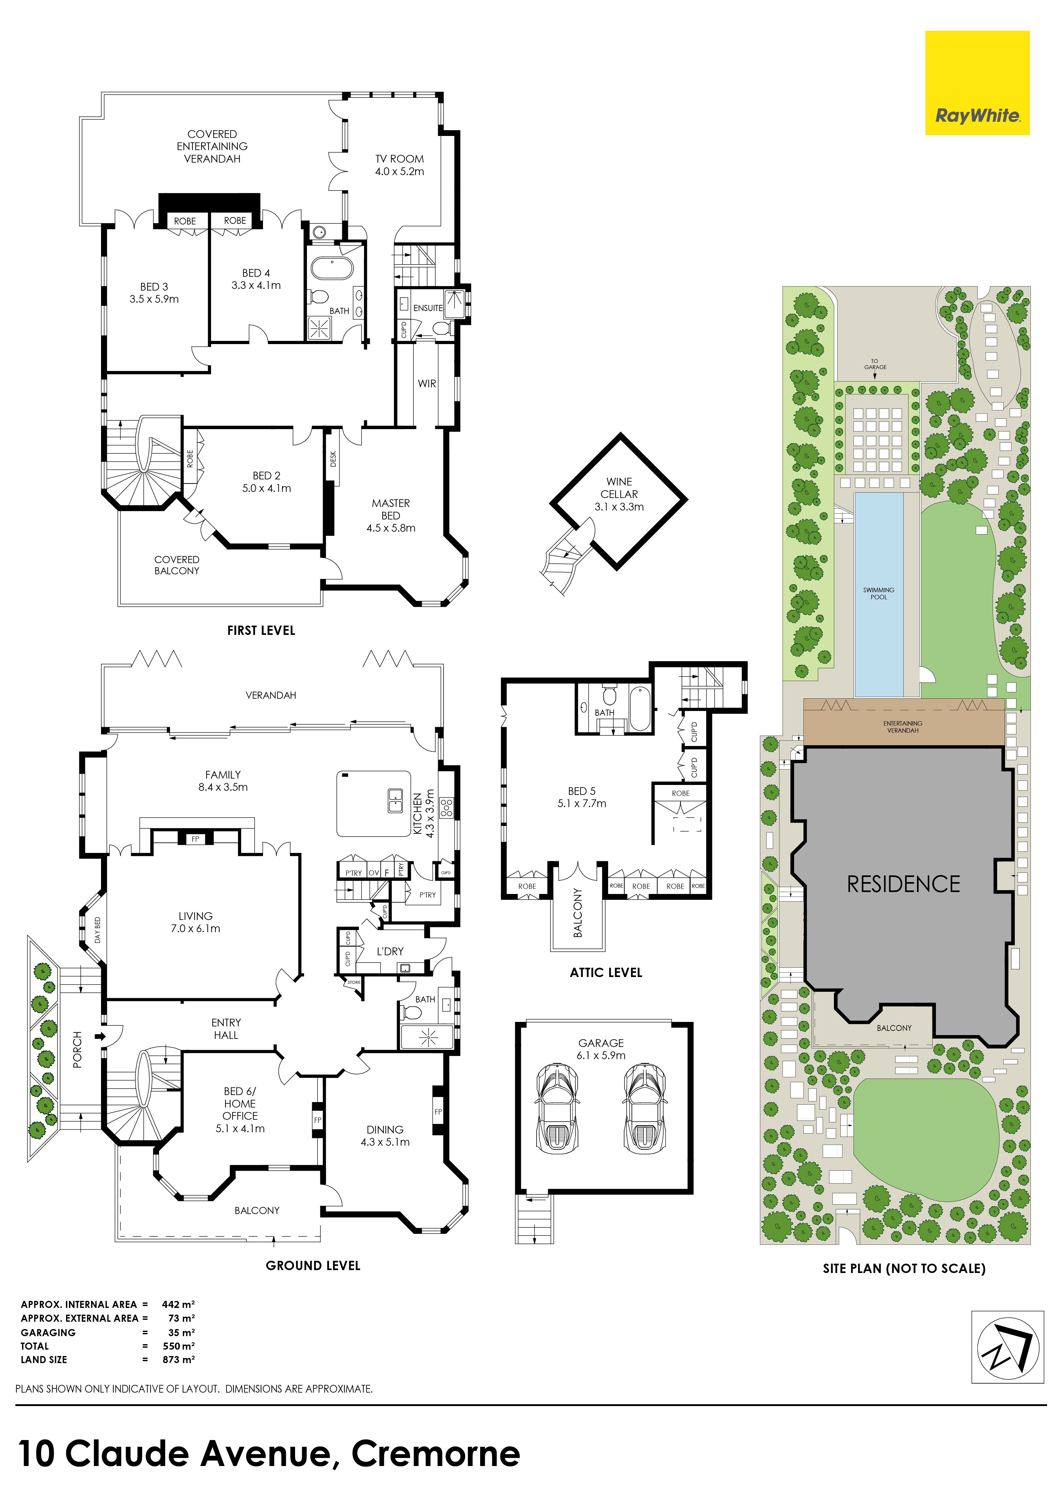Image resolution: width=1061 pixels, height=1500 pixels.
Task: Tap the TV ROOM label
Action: tap(399, 159)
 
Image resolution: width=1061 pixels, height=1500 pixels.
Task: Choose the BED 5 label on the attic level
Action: tap(581, 791)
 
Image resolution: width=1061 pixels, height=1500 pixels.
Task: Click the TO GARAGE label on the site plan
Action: tap(876, 364)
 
